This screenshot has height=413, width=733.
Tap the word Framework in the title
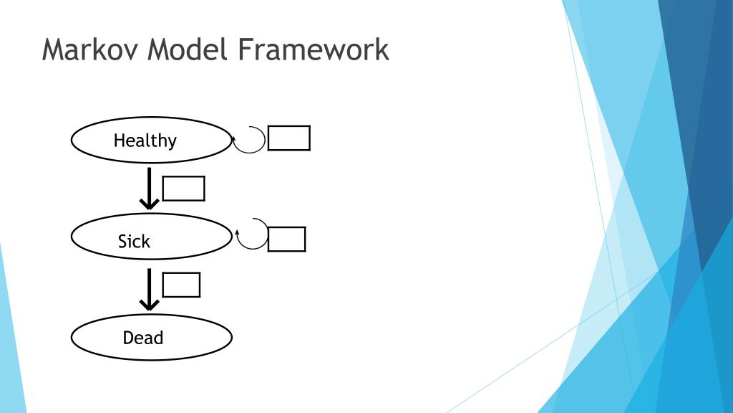[x=312, y=49]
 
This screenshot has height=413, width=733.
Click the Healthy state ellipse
[x=93, y=140]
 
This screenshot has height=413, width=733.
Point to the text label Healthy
[x=145, y=140]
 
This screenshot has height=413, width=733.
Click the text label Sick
[x=134, y=242]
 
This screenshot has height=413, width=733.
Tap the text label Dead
[x=143, y=337]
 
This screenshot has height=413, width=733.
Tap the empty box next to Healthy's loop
[x=288, y=138]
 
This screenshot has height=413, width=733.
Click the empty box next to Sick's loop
[x=286, y=239]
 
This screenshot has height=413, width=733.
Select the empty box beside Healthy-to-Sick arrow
[x=184, y=189]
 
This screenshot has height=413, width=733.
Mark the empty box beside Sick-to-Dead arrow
[x=181, y=285]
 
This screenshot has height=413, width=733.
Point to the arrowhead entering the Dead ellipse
[x=149, y=306]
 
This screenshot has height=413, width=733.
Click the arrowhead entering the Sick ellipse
[x=149, y=206]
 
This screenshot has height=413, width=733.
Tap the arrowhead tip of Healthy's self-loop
[x=235, y=135]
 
